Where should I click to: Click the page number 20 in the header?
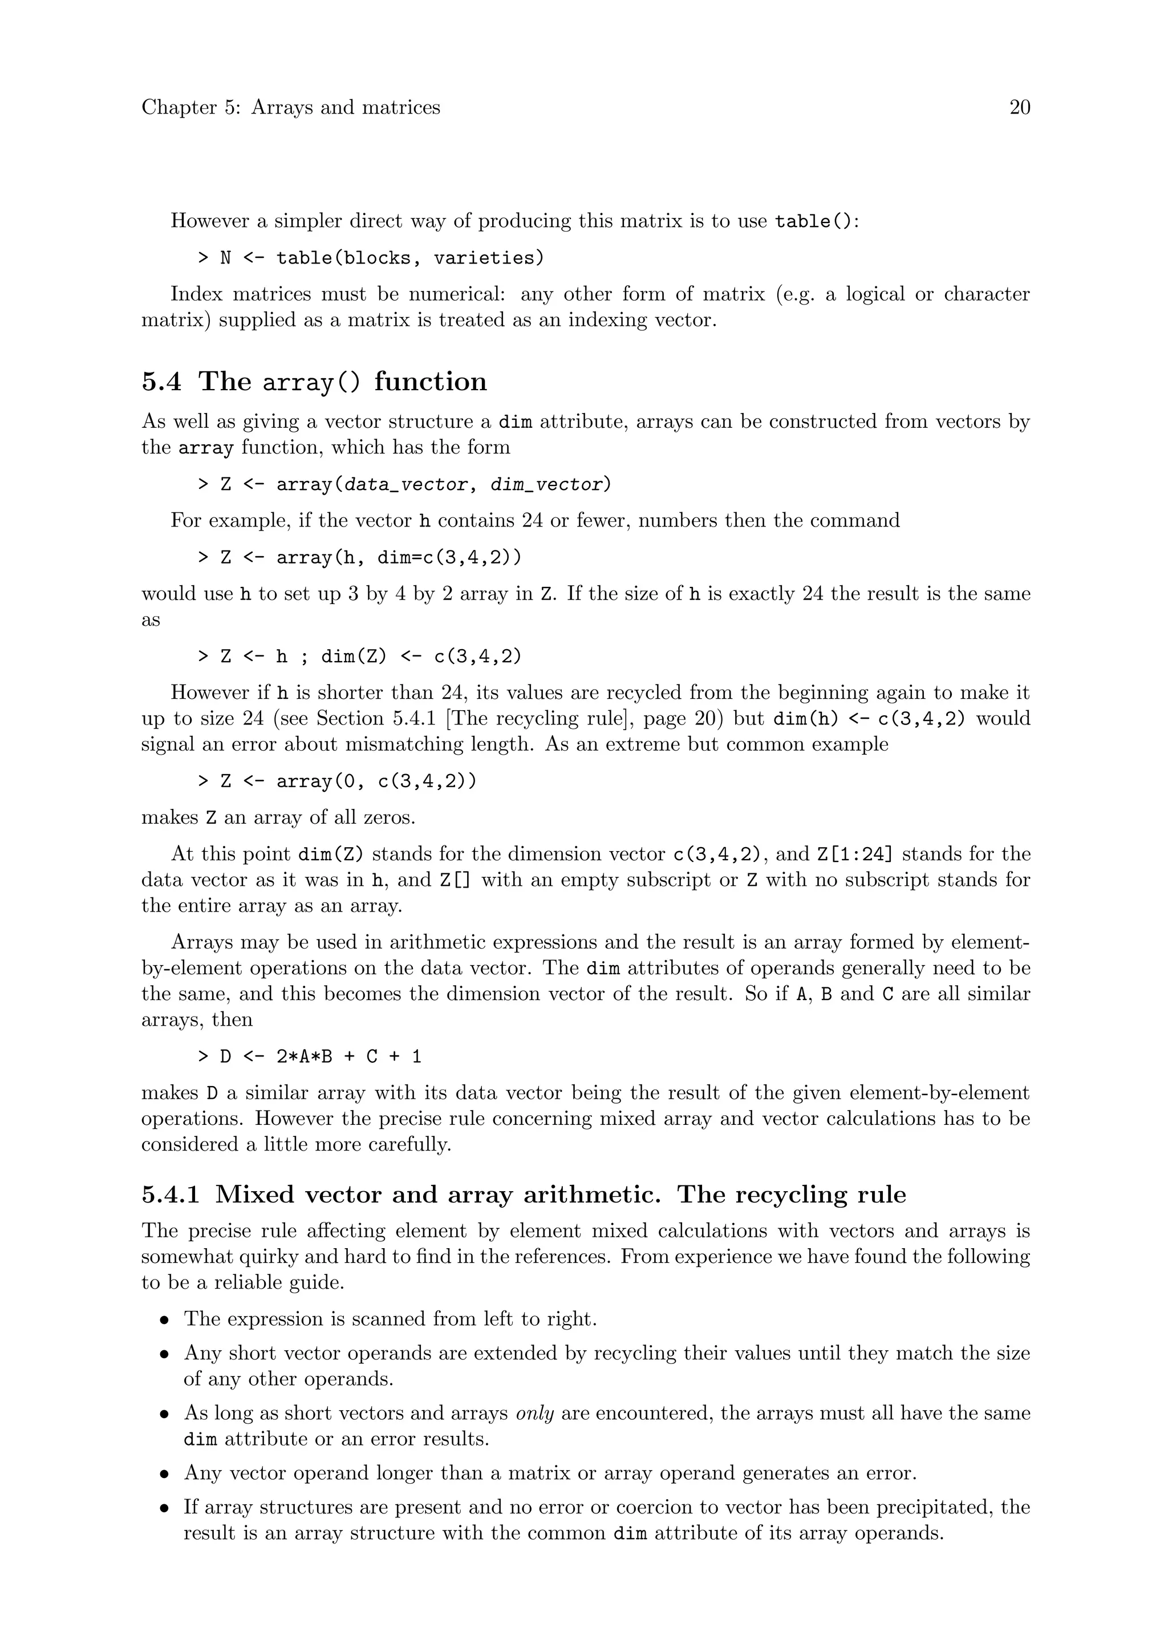coord(1019,107)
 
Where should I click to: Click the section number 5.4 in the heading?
coord(162,382)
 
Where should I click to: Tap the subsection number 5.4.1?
coord(170,1195)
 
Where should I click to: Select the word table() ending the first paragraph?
coord(816,221)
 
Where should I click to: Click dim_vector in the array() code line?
coord(546,485)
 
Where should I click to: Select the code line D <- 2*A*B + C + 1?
coord(310,1056)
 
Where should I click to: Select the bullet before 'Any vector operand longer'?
coord(165,1473)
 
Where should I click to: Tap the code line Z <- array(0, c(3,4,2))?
coord(337,781)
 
